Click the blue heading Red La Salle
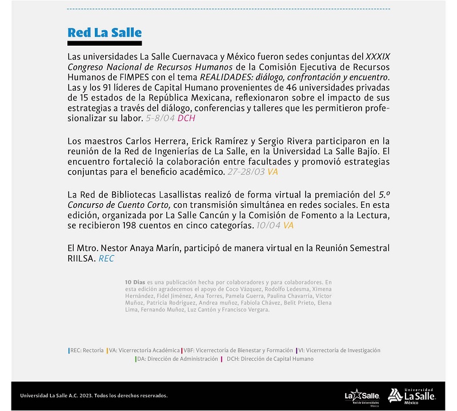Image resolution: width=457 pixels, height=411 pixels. click(x=104, y=32)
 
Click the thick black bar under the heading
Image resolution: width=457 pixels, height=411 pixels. click(x=104, y=43)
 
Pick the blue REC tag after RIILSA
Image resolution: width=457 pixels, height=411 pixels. click(x=107, y=259)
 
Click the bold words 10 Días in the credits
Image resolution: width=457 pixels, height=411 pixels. click(x=135, y=282)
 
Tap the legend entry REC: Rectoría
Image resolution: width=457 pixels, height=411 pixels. click(x=86, y=350)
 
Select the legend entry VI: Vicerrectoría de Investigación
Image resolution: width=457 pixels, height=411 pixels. click(x=339, y=350)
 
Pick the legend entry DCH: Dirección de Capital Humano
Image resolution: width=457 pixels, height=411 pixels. click(x=270, y=359)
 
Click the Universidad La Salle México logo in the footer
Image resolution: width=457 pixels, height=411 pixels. click(x=412, y=395)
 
